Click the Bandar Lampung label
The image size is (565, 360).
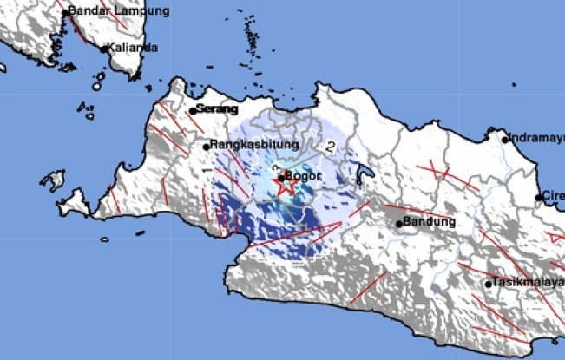point(108,11)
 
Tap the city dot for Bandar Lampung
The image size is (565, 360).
point(62,11)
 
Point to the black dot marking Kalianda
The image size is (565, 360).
point(104,49)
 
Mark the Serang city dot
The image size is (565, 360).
point(192,111)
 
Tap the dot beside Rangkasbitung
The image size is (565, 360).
point(207,146)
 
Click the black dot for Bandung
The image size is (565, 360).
point(400,224)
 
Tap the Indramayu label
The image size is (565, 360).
point(537,138)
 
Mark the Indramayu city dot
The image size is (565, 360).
point(505,139)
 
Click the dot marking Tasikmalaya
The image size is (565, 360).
point(489,284)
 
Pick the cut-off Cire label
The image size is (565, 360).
point(554,197)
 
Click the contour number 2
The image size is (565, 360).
point(331,147)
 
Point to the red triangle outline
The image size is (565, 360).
point(557,237)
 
